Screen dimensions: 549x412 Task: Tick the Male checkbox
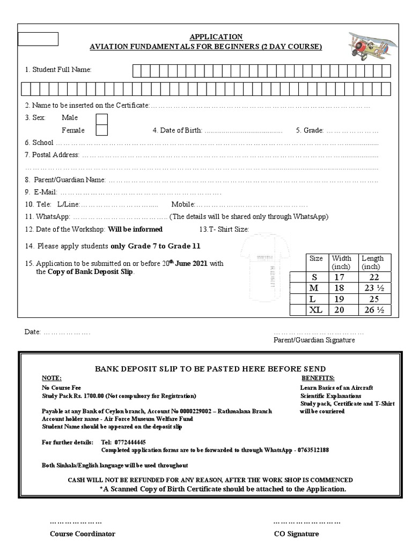point(101,118)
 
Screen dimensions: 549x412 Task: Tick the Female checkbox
point(101,130)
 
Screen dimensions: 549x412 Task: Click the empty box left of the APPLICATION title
point(38,39)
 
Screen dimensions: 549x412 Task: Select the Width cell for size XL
point(340,310)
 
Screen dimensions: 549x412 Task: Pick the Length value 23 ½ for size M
point(372,288)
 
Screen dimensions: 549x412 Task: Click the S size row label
point(315,277)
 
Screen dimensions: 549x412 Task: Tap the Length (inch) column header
point(372,262)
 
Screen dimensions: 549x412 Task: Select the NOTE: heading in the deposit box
point(52,377)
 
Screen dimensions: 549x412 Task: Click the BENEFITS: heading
point(318,377)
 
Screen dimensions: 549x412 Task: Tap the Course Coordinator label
point(82,533)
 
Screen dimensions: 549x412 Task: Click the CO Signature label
point(296,533)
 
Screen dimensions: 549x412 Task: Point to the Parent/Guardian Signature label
point(314,340)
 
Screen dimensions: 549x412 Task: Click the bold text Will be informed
point(135,229)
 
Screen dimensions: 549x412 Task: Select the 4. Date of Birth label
point(177,130)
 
